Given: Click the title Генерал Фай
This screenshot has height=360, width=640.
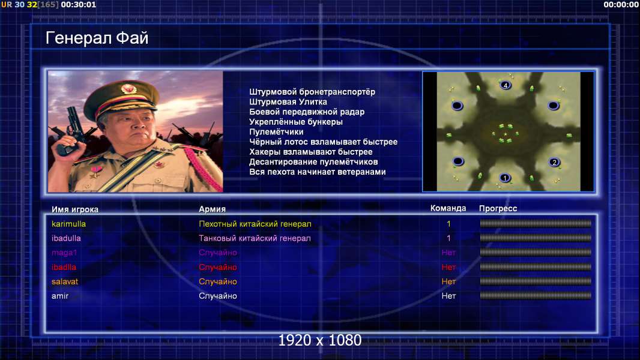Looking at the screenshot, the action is tap(97, 38).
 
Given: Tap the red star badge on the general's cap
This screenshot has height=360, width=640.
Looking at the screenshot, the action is tap(128, 88).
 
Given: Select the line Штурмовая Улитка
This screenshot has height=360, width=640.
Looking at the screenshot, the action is tap(288, 102).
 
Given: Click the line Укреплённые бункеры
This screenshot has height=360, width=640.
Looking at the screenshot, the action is tap(296, 122).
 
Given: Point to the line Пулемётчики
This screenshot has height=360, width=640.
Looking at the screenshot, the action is tap(276, 131).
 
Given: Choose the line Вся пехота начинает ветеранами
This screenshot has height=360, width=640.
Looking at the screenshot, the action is tap(318, 172).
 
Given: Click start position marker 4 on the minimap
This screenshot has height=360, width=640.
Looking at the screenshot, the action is tap(506, 85).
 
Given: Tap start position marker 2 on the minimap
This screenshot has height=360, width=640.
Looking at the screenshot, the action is tap(554, 162).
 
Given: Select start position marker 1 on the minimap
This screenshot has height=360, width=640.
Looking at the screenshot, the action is tap(504, 178).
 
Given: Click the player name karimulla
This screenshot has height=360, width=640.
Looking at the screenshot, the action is tap(68, 224).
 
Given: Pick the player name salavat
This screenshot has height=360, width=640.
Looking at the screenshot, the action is tap(64, 282).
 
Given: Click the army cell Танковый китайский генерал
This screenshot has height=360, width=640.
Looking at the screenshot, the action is tap(255, 238).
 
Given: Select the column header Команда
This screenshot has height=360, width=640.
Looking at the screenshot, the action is tap(448, 208).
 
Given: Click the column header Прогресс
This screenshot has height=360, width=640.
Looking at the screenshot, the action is tap(498, 208).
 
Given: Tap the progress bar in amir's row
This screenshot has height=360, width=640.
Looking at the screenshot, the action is tap(536, 296).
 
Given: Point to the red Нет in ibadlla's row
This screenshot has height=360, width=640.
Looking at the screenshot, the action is tap(448, 267).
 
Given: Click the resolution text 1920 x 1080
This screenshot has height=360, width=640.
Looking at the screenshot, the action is tap(320, 340).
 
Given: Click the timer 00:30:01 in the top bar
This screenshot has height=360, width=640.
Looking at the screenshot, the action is tap(79, 4).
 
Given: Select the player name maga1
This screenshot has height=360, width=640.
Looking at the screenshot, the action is tap(64, 253).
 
